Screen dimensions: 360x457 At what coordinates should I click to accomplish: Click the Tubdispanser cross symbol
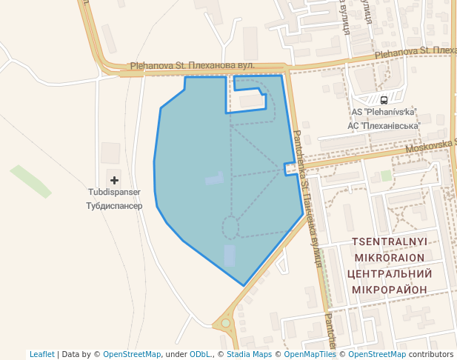click(x=114, y=179)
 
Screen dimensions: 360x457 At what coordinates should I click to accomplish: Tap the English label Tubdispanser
click(x=114, y=192)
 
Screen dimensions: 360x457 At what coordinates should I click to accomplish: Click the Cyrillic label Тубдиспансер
click(x=114, y=205)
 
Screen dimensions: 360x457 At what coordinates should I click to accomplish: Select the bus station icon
click(x=384, y=100)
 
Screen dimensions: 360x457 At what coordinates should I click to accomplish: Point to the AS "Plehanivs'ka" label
click(x=384, y=113)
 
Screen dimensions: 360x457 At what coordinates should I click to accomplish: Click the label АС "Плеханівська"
click(x=383, y=126)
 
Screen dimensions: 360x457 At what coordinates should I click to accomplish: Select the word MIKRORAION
click(x=390, y=258)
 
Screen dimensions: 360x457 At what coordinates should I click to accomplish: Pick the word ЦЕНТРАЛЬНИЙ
click(x=390, y=273)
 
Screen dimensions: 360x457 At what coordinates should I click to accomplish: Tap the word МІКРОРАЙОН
click(x=390, y=289)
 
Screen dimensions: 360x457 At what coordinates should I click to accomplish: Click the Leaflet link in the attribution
click(x=41, y=354)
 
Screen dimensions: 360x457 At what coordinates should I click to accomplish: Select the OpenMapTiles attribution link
click(x=310, y=354)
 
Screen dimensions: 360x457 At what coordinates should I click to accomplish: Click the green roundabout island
click(x=225, y=324)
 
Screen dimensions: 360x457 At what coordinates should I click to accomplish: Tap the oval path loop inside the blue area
click(x=230, y=227)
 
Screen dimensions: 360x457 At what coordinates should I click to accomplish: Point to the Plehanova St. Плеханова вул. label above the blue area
click(x=193, y=65)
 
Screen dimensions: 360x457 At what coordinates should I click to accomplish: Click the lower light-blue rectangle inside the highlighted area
click(x=230, y=256)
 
